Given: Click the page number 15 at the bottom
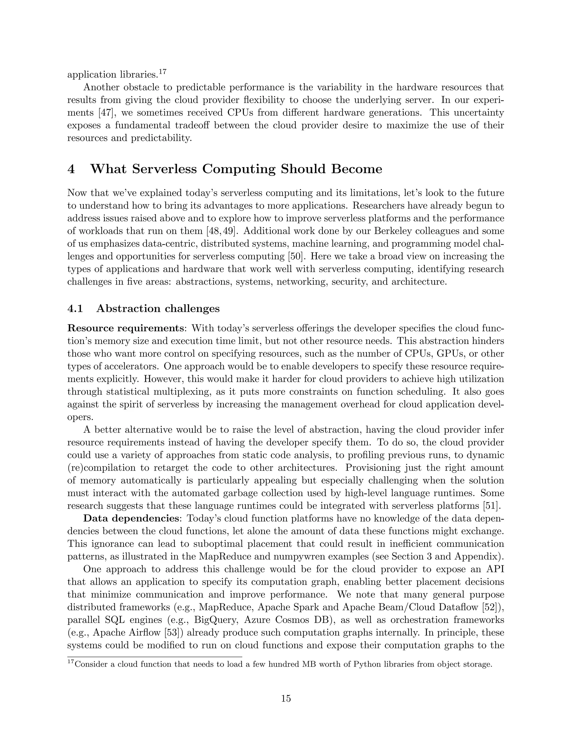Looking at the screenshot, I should pos(286,698).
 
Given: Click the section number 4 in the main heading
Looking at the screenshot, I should pos(71,169).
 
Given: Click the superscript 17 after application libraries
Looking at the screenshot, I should pos(163,72).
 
